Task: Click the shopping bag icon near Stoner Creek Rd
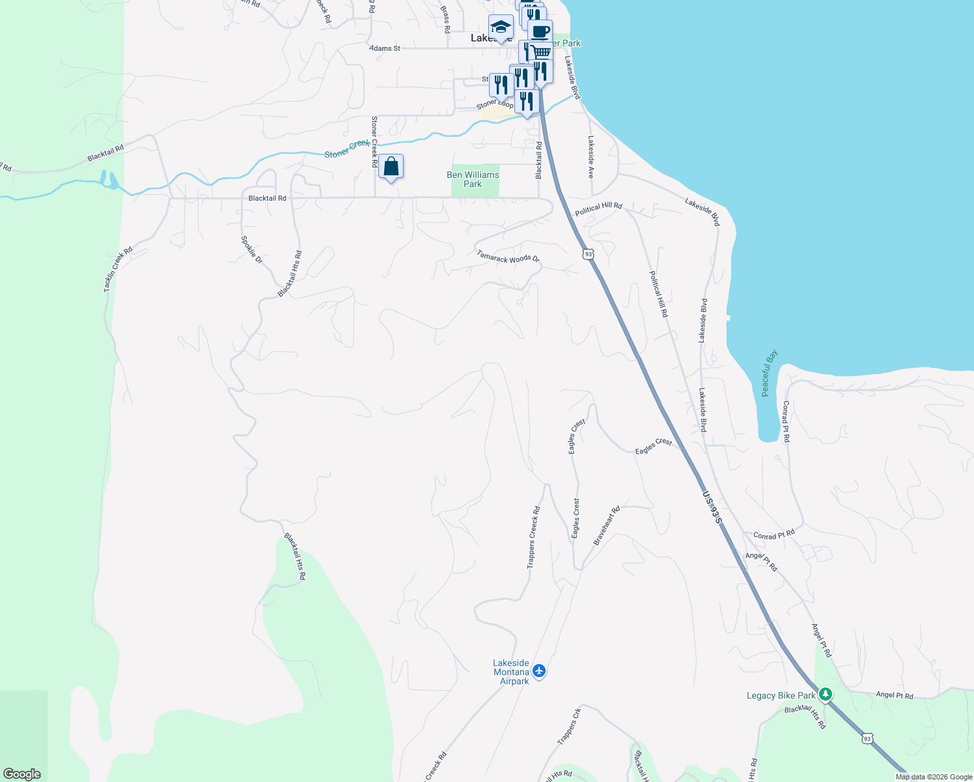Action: [x=391, y=167]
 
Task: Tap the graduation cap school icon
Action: [x=501, y=27]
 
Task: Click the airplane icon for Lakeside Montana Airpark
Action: [x=538, y=671]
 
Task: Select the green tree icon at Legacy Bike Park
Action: [x=826, y=695]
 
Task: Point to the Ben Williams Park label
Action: [x=473, y=179]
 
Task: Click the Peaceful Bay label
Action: [x=770, y=373]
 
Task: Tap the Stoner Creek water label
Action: [x=348, y=149]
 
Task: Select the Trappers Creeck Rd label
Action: [x=534, y=538]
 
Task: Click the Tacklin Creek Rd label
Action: [x=118, y=268]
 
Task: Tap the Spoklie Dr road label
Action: [x=251, y=250]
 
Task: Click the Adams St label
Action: [x=385, y=48]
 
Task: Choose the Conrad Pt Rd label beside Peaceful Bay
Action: [x=786, y=422]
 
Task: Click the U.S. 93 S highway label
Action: [x=712, y=507]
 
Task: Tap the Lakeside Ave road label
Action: [x=591, y=157]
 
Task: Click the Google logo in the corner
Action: [x=22, y=774]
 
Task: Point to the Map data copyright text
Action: [x=933, y=777]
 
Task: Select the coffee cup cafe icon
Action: [x=540, y=31]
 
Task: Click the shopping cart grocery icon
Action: [x=540, y=51]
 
